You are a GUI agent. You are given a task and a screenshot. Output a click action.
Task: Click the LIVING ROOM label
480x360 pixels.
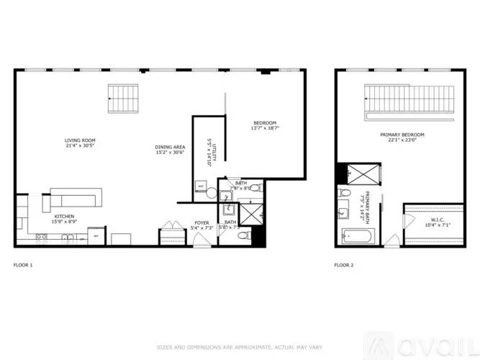80,140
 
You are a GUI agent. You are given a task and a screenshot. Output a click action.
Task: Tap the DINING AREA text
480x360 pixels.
170,148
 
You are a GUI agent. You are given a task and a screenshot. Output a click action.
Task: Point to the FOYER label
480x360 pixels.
201,223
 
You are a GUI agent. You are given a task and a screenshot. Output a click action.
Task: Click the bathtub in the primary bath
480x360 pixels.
356,235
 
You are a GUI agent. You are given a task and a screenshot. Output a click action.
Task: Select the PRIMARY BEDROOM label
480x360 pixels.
402,135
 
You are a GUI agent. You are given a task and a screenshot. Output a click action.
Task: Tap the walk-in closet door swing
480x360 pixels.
392,240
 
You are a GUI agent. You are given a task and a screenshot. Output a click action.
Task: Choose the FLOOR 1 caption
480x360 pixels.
23,265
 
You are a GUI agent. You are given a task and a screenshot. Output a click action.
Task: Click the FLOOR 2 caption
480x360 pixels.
344,265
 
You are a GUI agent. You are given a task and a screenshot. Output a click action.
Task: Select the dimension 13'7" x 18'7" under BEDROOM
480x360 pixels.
264,128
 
